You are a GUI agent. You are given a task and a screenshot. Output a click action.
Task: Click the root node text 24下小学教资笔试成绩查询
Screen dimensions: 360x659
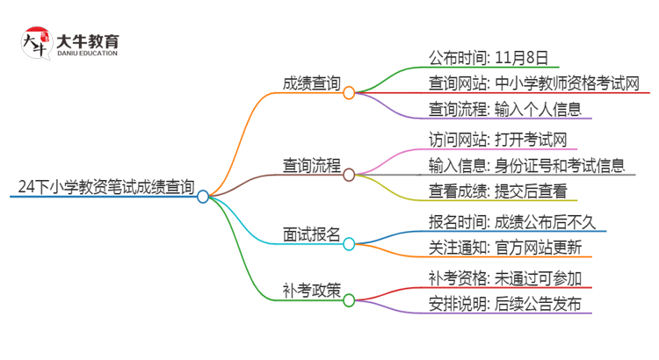[x=105, y=186]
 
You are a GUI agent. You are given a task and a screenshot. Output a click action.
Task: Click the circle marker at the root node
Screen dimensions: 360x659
[x=203, y=197]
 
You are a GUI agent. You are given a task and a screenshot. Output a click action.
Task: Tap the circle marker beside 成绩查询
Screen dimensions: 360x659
[x=349, y=92]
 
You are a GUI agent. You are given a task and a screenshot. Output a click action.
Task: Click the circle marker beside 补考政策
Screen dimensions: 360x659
[x=349, y=300]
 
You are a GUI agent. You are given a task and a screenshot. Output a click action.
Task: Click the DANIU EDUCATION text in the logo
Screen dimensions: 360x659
[x=87, y=54]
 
